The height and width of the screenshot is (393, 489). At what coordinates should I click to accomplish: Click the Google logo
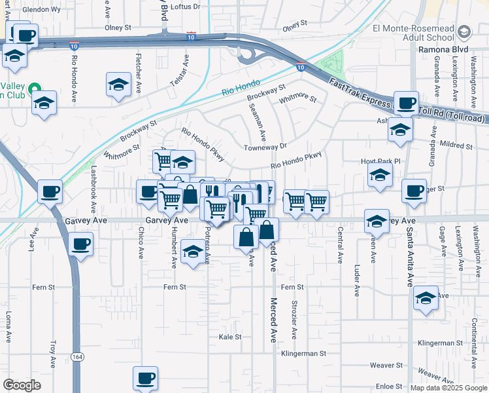(22, 385)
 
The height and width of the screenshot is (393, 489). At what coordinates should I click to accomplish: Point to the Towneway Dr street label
(265, 147)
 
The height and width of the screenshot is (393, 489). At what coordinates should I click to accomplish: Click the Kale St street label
(230, 337)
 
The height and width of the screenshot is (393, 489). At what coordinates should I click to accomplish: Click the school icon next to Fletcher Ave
(118, 86)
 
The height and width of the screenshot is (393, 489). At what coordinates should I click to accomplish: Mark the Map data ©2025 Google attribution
(448, 388)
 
